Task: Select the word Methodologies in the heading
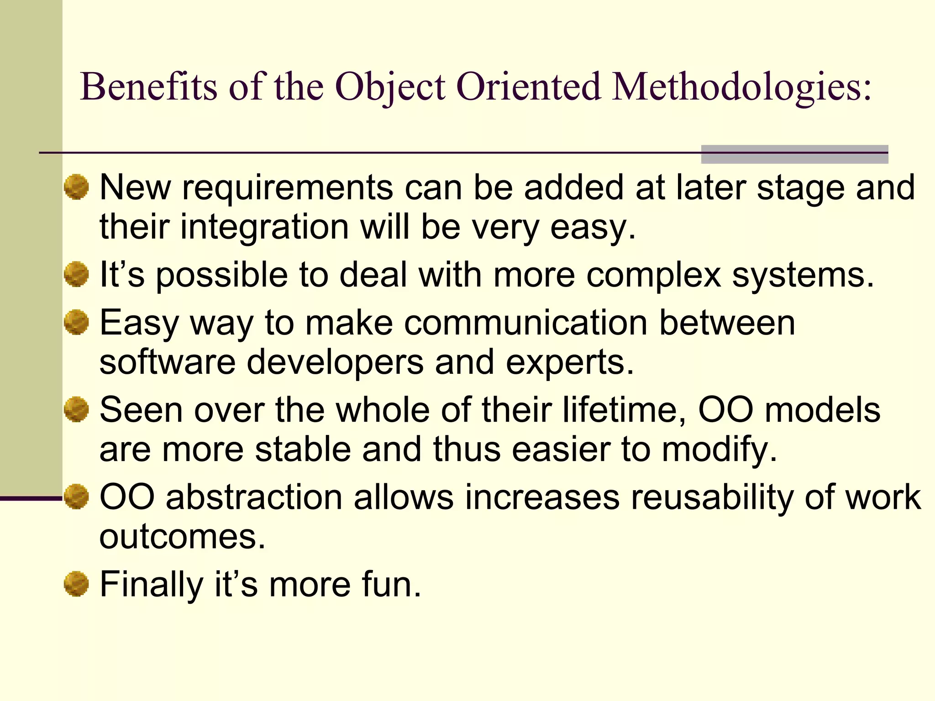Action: pos(742,88)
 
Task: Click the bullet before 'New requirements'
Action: pos(76,187)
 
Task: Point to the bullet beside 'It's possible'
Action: pos(76,274)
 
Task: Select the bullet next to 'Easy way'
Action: pos(76,322)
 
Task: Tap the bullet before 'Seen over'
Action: pos(76,409)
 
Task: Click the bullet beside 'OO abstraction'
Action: pos(76,497)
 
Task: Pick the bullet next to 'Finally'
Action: pos(76,584)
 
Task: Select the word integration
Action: pos(264,227)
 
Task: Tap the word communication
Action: pos(525,323)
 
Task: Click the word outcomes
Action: pos(182,537)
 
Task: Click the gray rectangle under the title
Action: pos(794,154)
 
